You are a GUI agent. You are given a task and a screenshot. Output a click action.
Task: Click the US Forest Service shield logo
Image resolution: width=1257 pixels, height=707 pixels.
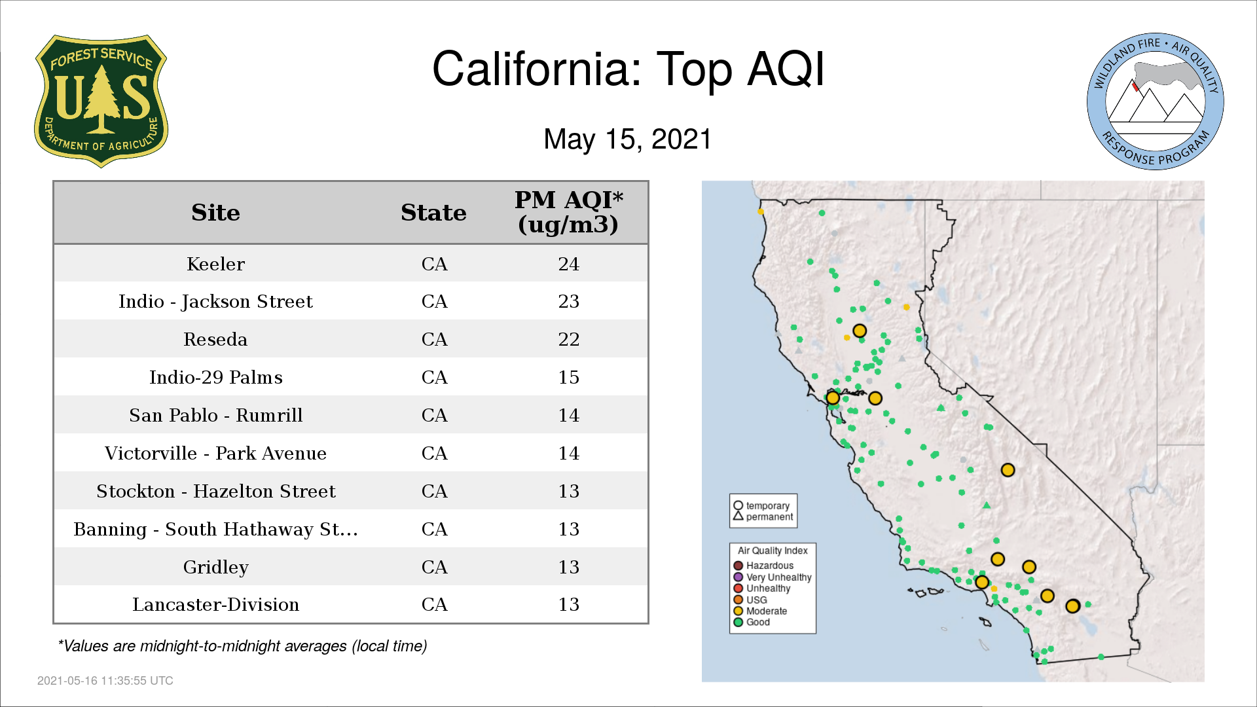[101, 101]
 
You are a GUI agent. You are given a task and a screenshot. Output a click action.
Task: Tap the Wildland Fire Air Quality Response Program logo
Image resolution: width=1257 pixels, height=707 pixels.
[1156, 101]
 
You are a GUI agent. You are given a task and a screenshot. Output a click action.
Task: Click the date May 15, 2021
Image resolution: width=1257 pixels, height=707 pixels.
[627, 139]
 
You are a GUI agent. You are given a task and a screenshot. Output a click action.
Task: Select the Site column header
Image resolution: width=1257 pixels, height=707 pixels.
[215, 213]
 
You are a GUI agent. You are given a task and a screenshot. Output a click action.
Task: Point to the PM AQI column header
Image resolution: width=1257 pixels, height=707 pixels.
[568, 212]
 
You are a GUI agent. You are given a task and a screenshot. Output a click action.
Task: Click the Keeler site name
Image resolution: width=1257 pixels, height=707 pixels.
[215, 264]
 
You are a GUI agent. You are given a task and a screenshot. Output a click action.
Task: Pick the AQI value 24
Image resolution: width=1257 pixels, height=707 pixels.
[568, 264]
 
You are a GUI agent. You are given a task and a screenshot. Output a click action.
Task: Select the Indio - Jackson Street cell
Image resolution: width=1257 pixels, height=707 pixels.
[215, 301]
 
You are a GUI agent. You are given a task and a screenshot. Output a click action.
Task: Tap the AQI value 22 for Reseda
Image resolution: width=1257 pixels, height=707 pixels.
[568, 339]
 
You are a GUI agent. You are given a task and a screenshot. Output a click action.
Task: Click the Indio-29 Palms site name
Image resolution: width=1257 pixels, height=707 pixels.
[215, 377]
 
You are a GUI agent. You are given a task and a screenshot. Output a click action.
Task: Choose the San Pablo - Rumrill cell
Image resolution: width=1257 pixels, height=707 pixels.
[215, 415]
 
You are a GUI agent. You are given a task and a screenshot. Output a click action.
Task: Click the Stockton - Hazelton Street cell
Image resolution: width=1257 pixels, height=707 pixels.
[215, 491]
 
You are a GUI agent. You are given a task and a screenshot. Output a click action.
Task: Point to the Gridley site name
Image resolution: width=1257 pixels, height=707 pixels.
[215, 567]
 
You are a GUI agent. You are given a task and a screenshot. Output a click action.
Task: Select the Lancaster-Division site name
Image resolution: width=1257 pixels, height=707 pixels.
[215, 604]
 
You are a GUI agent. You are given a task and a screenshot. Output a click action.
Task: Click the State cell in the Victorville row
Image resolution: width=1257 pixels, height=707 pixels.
[434, 453]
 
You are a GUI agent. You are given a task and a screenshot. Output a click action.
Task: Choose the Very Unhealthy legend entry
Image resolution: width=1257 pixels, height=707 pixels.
[773, 577]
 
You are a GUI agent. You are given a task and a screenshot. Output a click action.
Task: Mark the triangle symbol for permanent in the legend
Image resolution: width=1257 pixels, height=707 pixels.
[738, 516]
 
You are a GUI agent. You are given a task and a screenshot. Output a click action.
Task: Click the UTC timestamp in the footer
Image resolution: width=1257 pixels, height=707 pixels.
[105, 681]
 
